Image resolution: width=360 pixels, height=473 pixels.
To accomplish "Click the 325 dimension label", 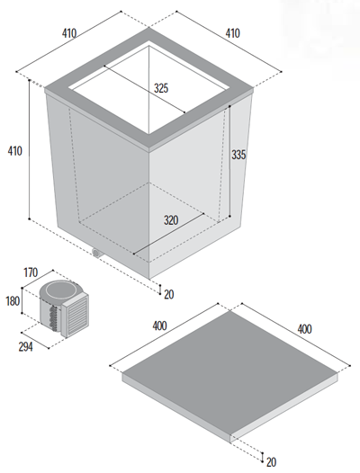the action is point(161,88).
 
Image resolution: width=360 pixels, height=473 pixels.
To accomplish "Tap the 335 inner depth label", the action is point(238,155).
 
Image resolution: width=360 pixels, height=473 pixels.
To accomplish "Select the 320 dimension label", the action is point(171,220).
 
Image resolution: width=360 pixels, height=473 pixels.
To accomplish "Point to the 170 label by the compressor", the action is point(31,272).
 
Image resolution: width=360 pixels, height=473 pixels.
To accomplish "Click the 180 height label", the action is point(13,301).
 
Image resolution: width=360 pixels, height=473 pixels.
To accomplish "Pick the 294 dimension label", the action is point(26,347).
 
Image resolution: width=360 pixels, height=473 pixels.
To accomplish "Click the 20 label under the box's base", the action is point(169,294).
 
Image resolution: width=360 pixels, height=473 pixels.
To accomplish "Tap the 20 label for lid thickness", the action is point(271,462).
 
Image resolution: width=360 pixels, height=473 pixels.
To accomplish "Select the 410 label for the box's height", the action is point(14,151).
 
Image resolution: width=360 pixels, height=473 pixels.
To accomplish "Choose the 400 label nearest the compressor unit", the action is point(160,326).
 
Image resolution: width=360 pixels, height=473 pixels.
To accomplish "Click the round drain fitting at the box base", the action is point(96,253).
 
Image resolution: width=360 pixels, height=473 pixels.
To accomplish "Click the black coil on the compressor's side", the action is point(54,317).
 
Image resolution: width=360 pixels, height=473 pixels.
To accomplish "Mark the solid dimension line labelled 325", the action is point(145,89).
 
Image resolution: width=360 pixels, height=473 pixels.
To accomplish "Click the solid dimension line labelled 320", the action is point(168,234).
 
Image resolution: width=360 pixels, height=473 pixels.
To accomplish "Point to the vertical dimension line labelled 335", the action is point(229,161).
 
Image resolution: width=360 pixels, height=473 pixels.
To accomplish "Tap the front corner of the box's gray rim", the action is point(148,147).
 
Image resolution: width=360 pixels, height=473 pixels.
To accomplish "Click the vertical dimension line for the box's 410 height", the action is point(30,149).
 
